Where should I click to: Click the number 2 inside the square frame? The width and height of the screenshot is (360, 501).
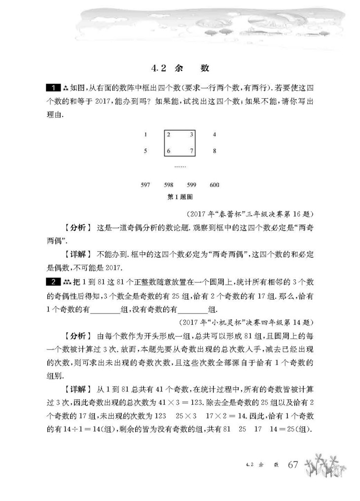[x=169, y=134]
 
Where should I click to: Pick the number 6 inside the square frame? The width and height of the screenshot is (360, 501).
[x=169, y=152]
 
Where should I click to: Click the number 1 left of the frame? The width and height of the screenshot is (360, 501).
[x=145, y=134]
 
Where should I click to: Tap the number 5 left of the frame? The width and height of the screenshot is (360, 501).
[x=145, y=152]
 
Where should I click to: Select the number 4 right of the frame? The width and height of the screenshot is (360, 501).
[x=214, y=134]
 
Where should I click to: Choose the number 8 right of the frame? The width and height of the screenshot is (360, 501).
[x=214, y=152]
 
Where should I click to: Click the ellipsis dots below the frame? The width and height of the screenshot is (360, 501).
[x=180, y=167]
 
